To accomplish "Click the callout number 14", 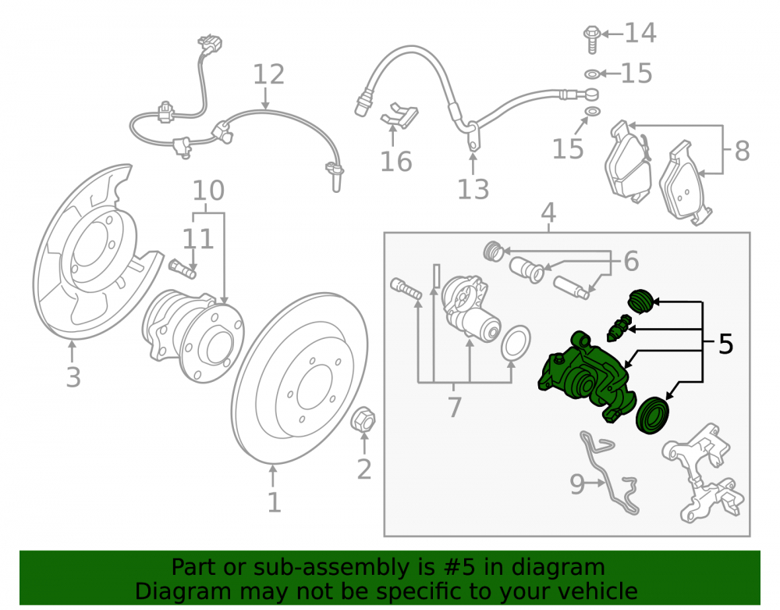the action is click(x=640, y=33).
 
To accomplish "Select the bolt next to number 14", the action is click(x=591, y=39).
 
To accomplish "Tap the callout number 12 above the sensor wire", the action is click(x=268, y=74).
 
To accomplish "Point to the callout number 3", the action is click(x=73, y=377).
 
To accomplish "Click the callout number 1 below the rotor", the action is click(x=275, y=502).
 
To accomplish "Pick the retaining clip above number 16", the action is click(x=399, y=116).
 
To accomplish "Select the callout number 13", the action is click(x=473, y=189).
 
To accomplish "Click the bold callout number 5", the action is click(x=725, y=344).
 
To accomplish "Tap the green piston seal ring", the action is click(x=653, y=416).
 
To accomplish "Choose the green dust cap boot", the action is click(x=640, y=301).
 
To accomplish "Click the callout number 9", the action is click(x=577, y=483).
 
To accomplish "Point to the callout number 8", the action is click(x=743, y=151).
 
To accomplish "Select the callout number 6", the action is click(x=631, y=262).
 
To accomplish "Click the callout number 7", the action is click(x=455, y=407).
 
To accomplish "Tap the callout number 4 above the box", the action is click(x=548, y=212).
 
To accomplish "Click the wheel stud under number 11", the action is click(x=183, y=269).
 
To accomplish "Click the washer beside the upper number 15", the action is click(x=592, y=74).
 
